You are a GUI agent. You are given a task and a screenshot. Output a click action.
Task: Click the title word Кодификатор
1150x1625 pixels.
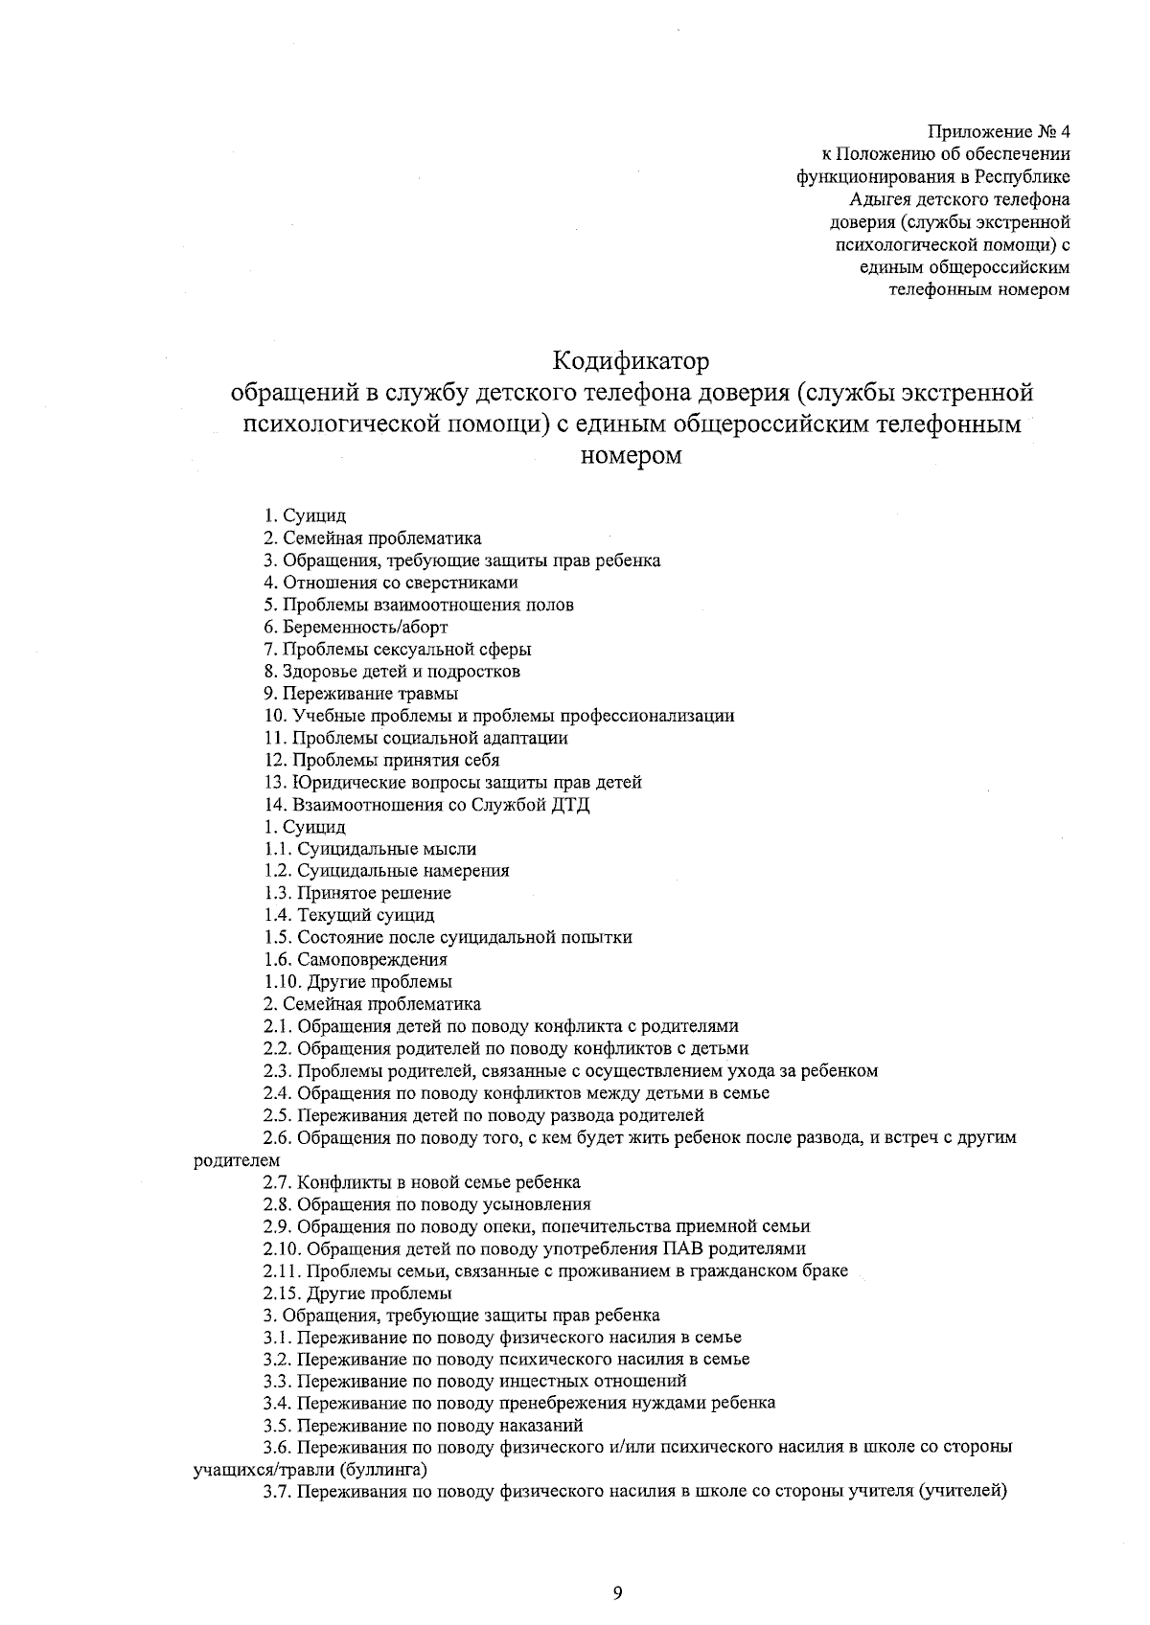[632, 362]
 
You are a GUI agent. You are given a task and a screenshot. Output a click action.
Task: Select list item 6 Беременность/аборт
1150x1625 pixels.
[356, 628]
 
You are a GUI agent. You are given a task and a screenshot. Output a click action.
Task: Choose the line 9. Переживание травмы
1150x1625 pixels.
[361, 694]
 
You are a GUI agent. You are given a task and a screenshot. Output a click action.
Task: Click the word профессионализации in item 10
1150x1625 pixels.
[648, 716]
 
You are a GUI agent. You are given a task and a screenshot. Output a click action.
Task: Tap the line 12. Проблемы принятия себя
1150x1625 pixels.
[381, 761]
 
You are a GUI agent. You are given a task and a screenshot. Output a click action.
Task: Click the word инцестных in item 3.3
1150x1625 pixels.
[541, 1381]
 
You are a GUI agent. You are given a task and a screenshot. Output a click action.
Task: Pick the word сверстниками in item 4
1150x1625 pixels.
[464, 583]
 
